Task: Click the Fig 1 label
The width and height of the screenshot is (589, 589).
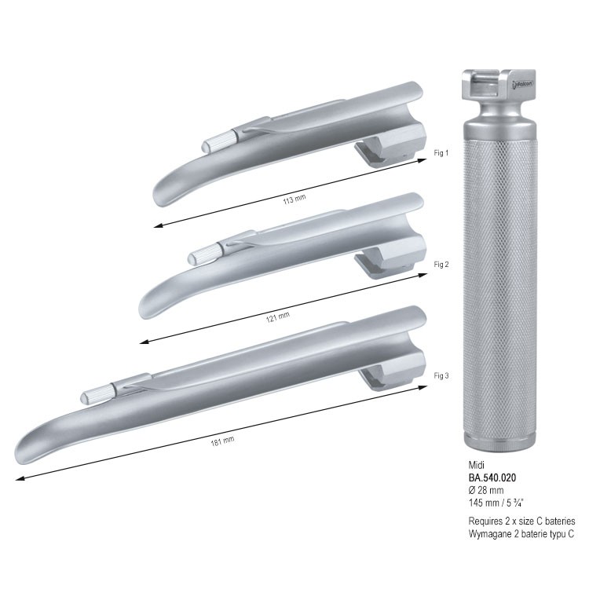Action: pyautogui.click(x=441, y=153)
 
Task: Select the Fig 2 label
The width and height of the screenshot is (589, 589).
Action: pyautogui.click(x=441, y=265)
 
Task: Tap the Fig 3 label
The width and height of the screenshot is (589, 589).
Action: pyautogui.click(x=441, y=375)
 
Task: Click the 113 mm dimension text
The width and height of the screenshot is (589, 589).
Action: pyautogui.click(x=294, y=199)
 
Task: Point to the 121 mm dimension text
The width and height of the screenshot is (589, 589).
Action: pyautogui.click(x=278, y=317)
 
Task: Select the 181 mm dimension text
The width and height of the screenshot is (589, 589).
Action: pyautogui.click(x=222, y=441)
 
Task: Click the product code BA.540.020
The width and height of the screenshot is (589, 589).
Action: pyautogui.click(x=492, y=477)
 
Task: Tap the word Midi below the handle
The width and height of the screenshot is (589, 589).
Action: pyautogui.click(x=477, y=466)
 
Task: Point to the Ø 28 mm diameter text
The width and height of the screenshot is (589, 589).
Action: pyautogui.click(x=486, y=490)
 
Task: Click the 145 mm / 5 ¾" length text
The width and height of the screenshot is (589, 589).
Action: pyautogui.click(x=496, y=503)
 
